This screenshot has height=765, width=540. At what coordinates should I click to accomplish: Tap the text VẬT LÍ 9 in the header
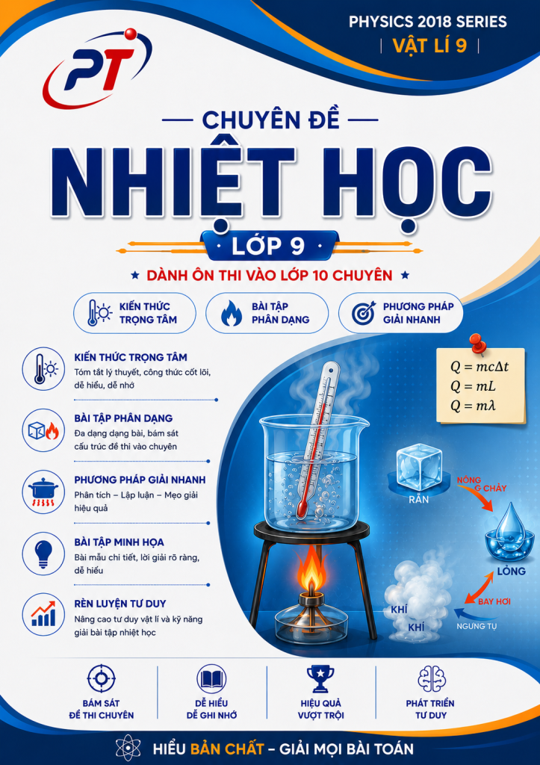[429, 46]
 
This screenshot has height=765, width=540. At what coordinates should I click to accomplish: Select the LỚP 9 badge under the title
[269, 246]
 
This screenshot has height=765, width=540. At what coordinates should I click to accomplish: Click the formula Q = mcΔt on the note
[480, 367]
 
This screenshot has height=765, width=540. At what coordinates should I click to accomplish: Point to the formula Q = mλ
[474, 406]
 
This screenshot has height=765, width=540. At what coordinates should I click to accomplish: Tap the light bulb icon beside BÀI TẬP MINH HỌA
[43, 554]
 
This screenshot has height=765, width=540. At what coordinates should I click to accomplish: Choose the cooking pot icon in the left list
[43, 492]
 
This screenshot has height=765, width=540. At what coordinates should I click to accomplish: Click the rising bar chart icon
[43, 614]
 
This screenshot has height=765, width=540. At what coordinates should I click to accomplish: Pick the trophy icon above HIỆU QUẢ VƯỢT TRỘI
[320, 678]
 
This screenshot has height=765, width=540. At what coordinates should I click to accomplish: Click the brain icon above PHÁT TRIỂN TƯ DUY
[432, 678]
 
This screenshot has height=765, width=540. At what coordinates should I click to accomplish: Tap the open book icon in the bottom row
[211, 678]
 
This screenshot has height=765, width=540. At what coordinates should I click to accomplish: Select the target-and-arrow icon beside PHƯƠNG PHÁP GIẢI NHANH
[364, 313]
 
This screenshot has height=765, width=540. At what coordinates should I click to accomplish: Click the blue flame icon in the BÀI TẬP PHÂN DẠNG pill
[232, 313]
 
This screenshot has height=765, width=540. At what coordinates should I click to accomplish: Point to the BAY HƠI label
[494, 601]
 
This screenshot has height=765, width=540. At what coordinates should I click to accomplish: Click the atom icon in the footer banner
[128, 748]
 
